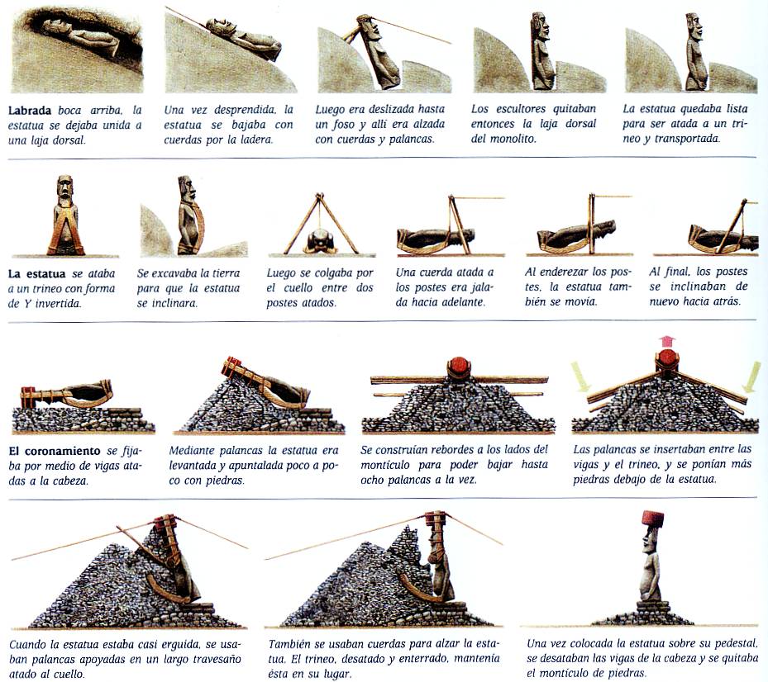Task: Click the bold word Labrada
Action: [30, 111]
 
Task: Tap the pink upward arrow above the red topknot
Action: [666, 341]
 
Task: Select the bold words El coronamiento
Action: [55, 451]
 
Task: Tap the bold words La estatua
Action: [36, 273]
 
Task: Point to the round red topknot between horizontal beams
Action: [459, 368]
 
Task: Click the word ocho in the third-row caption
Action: [372, 480]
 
